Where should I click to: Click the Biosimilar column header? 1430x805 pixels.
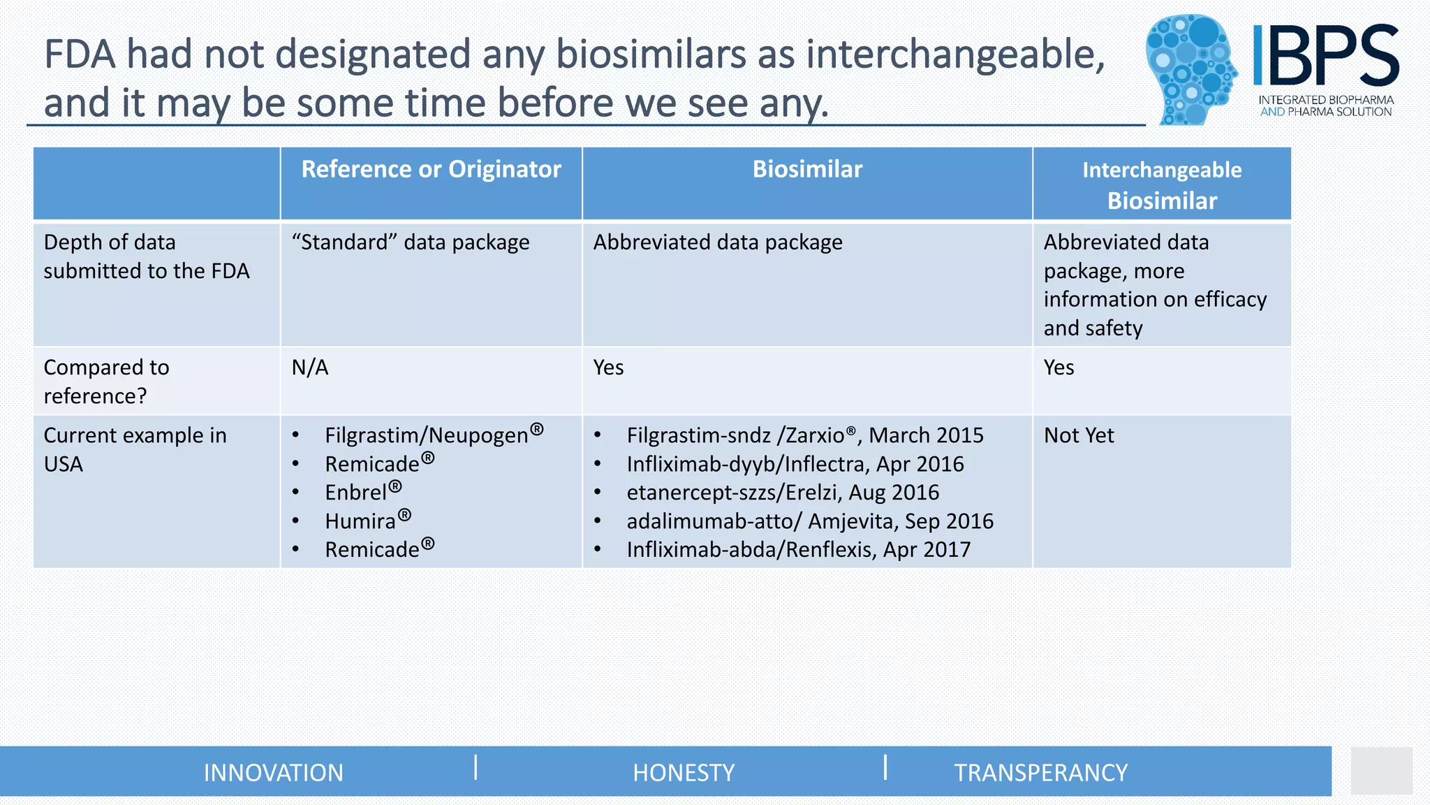pos(807,170)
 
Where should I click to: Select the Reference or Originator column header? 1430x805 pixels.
pos(431,170)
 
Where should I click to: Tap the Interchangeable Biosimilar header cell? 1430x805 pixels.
pos(1162,185)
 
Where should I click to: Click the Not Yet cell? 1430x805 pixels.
pos(1079,435)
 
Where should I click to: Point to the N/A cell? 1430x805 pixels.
pos(310,368)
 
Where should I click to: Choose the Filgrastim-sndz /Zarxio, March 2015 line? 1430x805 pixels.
pos(804,435)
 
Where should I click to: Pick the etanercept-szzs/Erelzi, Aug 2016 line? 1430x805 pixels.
pos(782,493)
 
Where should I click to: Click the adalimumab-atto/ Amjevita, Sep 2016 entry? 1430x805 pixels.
pos(809,521)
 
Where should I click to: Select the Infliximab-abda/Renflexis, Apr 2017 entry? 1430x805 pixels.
pos(798,550)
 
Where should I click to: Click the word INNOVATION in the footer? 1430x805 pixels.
pos(274,773)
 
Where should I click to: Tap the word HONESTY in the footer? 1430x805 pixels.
pos(684,773)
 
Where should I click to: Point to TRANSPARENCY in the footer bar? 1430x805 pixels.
pos(1040,773)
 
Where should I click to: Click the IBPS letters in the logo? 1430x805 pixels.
pos(1325,56)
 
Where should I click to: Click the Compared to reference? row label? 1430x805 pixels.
pos(106,382)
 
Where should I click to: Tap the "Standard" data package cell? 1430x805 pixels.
pos(411,242)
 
